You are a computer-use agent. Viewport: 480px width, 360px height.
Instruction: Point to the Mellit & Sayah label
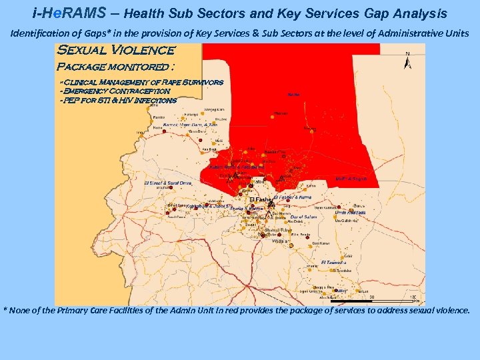click(351, 179)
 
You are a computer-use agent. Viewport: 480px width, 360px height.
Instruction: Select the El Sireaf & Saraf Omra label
click(168, 183)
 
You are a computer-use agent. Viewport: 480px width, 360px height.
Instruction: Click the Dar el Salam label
click(304, 217)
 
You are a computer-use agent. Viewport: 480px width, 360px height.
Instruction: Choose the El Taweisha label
click(334, 262)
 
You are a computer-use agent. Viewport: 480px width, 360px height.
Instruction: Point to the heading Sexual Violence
click(117, 51)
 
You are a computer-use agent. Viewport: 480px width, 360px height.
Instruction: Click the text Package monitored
click(116, 67)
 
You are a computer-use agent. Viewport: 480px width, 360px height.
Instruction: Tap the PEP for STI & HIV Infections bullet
click(118, 100)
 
